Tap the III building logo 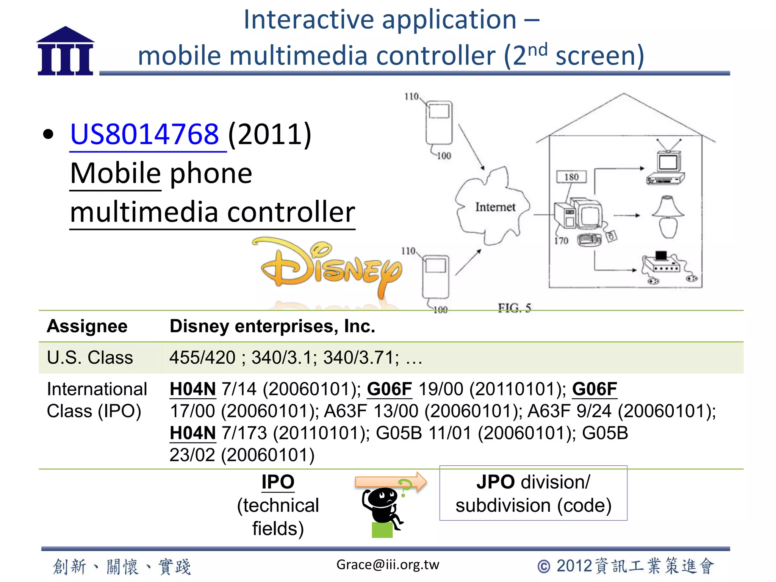click(65, 51)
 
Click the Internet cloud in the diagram click(493, 207)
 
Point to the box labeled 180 click(571, 177)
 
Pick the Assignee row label click(87, 326)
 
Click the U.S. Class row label click(90, 358)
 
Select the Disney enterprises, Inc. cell click(272, 326)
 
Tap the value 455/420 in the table click(202, 358)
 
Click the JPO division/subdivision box click(533, 493)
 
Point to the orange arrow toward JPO click(390, 482)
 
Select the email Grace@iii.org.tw click(388, 565)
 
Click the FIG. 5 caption click(515, 308)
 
